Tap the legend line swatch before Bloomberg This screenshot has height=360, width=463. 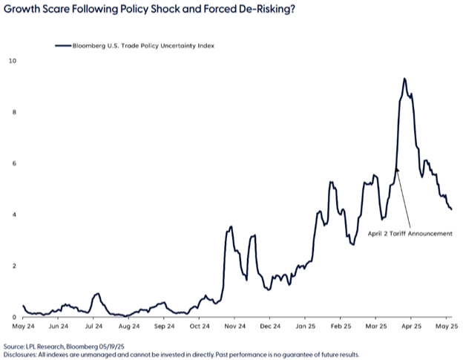point(62,45)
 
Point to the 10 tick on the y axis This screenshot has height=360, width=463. point(10,60)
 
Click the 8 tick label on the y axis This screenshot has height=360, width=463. point(11,112)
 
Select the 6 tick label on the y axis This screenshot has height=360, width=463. point(11,163)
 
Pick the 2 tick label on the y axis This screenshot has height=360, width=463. point(11,266)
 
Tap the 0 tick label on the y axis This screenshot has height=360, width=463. point(11,317)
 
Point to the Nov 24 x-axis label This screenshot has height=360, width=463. point(234,325)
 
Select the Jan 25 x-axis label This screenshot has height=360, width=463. point(306,325)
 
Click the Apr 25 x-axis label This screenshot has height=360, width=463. point(412,325)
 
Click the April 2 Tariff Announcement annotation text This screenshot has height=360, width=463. point(410,232)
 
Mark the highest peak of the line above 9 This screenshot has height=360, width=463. point(404,78)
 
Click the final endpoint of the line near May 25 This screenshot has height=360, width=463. point(452,209)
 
